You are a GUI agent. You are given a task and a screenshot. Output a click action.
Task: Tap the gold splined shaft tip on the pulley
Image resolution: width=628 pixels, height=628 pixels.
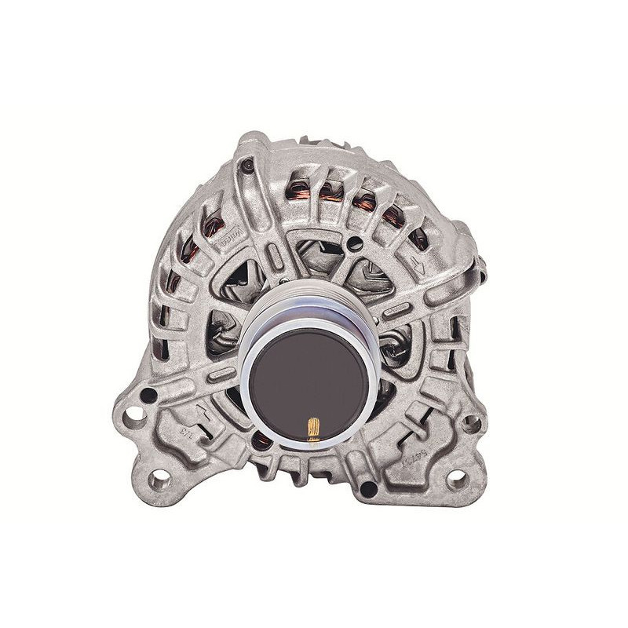(313, 429)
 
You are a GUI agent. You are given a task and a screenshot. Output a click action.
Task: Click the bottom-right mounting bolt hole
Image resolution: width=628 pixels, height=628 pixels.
(456, 478)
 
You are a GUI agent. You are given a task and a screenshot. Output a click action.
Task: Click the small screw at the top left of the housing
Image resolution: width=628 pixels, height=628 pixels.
(247, 166)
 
